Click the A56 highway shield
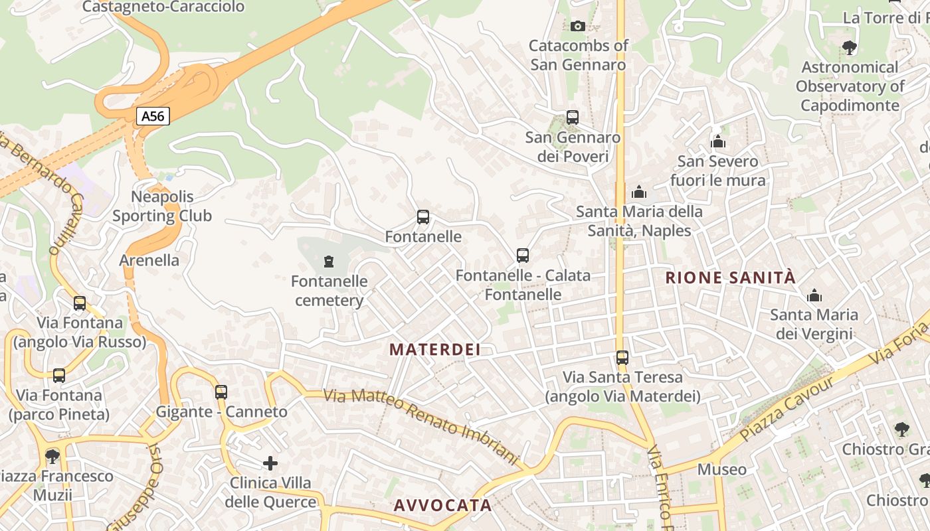click(x=153, y=116)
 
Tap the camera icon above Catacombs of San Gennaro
click(x=578, y=26)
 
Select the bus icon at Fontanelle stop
click(x=423, y=217)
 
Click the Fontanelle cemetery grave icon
click(x=328, y=262)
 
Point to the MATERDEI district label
click(x=434, y=349)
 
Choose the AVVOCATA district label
click(x=442, y=505)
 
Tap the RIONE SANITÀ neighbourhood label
click(x=731, y=277)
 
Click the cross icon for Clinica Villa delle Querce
click(x=270, y=463)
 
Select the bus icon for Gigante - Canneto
click(x=221, y=392)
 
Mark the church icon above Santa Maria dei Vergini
click(x=814, y=295)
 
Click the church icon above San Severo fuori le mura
click(x=717, y=141)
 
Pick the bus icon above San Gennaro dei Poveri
click(x=573, y=117)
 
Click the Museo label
click(x=721, y=469)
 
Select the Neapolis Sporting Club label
click(x=162, y=206)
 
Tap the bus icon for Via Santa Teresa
click(x=622, y=358)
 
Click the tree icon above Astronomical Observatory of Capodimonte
click(x=849, y=48)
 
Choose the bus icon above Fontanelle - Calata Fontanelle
click(x=523, y=256)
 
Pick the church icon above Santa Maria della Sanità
click(x=639, y=192)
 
